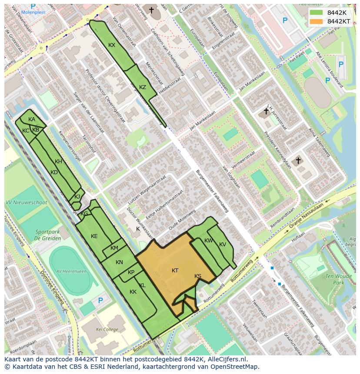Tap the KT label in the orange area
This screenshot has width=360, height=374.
(175, 271)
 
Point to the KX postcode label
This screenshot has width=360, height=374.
(112, 45)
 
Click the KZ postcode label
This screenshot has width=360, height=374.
(143, 87)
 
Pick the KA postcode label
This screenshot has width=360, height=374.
(32, 119)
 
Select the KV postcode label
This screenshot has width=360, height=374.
(223, 245)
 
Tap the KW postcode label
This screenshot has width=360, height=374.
(209, 241)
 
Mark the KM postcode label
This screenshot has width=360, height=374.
(114, 248)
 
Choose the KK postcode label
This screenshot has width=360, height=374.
(133, 292)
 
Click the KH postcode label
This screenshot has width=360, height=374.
(59, 162)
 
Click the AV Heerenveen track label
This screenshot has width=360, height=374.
(71, 271)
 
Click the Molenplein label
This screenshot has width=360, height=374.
(33, 12)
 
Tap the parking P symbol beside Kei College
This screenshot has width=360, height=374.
(100, 300)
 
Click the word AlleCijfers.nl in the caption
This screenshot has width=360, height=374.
(226, 359)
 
